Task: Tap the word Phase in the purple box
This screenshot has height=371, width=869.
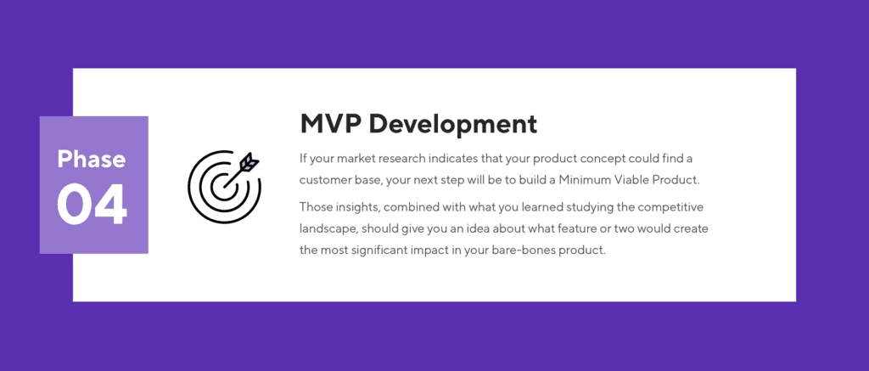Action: click(x=92, y=159)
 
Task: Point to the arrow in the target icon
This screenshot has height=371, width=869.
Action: click(x=245, y=163)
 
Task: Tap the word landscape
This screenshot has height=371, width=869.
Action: click(x=329, y=229)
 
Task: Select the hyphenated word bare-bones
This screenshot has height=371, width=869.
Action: click(x=526, y=251)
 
